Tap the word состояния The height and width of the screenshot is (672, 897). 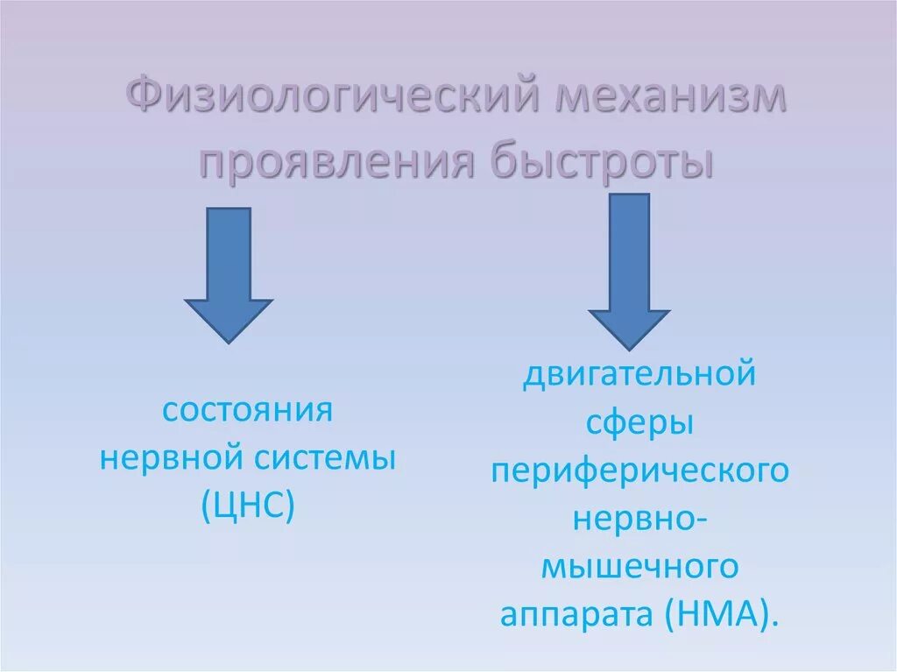pyautogui.click(x=248, y=410)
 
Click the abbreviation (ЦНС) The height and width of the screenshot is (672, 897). pyautogui.click(x=247, y=506)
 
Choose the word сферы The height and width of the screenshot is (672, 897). pyautogui.click(x=639, y=425)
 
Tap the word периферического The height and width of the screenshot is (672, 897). pyautogui.click(x=639, y=472)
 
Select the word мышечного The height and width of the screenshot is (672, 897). pyautogui.click(x=639, y=568)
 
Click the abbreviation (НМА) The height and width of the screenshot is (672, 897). pyautogui.click(x=722, y=615)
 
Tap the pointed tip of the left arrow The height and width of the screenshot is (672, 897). pyautogui.click(x=228, y=342)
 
